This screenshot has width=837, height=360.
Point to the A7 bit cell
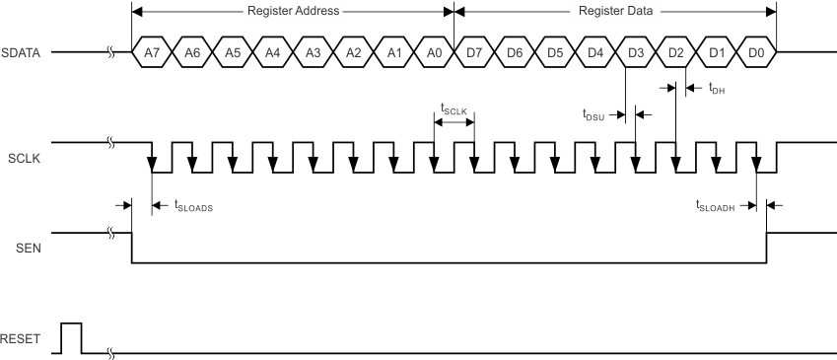[x=151, y=51]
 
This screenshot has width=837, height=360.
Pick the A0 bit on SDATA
[x=434, y=51]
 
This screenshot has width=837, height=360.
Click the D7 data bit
[x=474, y=51]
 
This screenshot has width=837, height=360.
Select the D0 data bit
[x=756, y=51]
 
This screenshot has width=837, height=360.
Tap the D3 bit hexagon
[x=635, y=51]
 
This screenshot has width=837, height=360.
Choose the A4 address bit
[x=272, y=51]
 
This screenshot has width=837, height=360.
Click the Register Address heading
[x=292, y=12]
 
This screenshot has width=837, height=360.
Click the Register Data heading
[x=615, y=12]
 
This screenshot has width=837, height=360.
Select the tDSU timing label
[x=595, y=114]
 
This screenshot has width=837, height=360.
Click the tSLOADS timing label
[x=193, y=206]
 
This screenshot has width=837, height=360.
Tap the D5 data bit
[x=555, y=51]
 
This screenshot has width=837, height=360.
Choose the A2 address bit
[x=353, y=51]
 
